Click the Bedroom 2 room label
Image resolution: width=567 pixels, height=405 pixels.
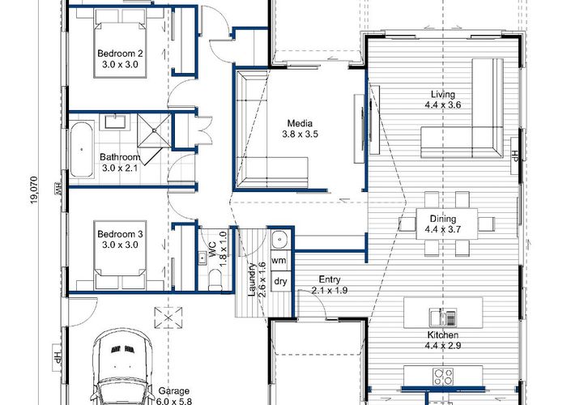tap(120, 53)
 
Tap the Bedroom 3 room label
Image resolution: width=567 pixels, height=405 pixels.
tap(120, 234)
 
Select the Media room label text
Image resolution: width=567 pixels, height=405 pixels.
tap(300, 123)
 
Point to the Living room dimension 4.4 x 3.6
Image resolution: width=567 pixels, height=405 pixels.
tap(443, 105)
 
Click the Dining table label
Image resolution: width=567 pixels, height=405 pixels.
tap(443, 219)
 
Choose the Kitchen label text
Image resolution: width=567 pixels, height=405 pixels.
tap(443, 335)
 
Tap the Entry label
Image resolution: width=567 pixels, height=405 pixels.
tap(330, 279)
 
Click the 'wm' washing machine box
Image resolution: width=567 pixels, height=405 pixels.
tap(279, 260)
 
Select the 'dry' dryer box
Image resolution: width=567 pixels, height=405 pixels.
tap(280, 281)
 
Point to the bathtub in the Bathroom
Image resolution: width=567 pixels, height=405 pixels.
tap(82, 149)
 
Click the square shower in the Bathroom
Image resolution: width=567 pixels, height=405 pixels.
tap(154, 130)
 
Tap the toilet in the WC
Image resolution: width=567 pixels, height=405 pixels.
tap(215, 280)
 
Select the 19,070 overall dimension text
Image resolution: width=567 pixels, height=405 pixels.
tap(34, 190)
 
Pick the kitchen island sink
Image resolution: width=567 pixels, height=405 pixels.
tap(442, 318)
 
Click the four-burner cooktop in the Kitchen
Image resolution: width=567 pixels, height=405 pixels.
tap(443, 377)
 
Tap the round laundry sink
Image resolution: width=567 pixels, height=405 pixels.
tap(279, 239)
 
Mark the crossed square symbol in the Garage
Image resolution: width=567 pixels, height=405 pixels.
tap(168, 318)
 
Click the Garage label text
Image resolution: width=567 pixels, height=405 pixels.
tap(174, 391)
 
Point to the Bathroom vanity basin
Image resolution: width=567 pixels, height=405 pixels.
tap(115, 122)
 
